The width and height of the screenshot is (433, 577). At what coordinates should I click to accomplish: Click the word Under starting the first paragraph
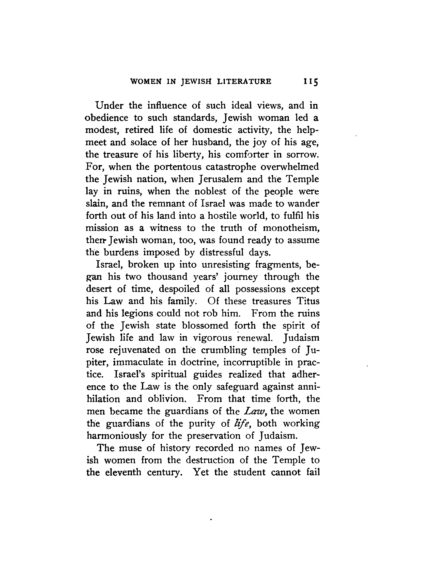[x=109, y=105]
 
